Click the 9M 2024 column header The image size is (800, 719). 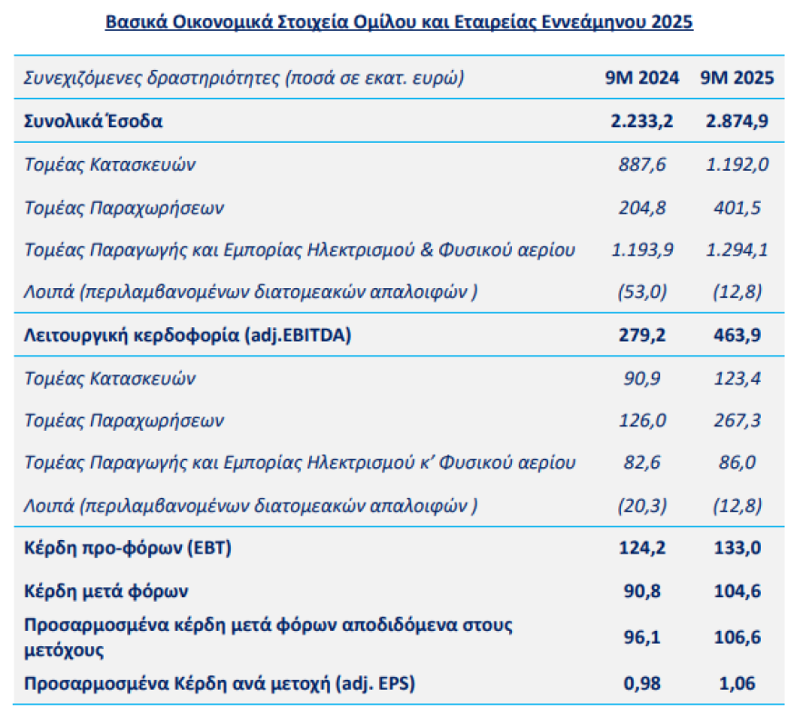(x=642, y=77)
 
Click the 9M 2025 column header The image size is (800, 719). (x=736, y=77)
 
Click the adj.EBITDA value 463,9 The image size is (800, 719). (x=736, y=335)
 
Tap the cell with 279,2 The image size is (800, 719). (x=642, y=335)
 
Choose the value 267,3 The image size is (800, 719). (x=736, y=421)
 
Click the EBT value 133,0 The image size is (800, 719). (x=736, y=549)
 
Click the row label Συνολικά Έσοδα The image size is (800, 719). (x=94, y=121)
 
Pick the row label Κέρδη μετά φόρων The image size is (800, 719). (x=105, y=591)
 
